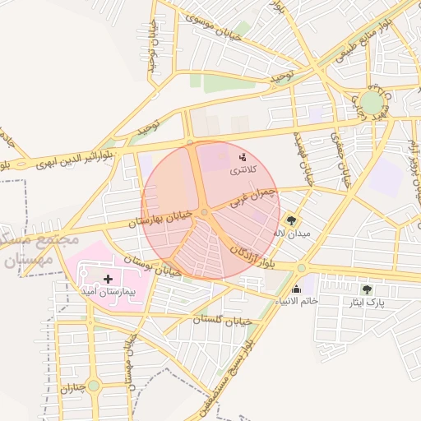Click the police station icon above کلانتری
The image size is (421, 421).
coord(242,156)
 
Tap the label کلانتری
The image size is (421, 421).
coord(242,169)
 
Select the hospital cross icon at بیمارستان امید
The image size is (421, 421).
coord(108,279)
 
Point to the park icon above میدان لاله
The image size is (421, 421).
coord(290,220)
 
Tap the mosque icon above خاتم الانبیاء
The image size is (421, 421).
coord(297,289)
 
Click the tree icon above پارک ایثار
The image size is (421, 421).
coord(367,289)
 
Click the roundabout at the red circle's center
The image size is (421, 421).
coord(205,213)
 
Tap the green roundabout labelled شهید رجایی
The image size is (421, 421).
coord(372,102)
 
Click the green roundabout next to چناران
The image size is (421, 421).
coord(94,385)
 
